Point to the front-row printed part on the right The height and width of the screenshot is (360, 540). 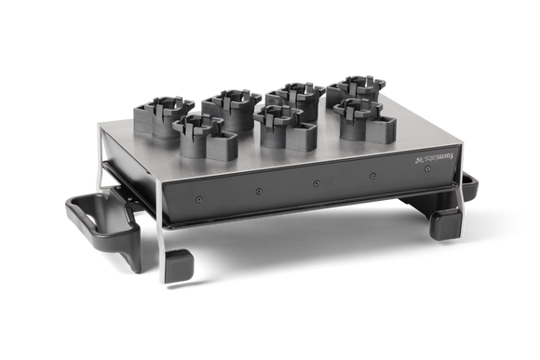[357, 117]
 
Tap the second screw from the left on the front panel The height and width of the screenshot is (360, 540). [259, 191]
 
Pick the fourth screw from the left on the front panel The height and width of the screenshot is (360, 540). [372, 176]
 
